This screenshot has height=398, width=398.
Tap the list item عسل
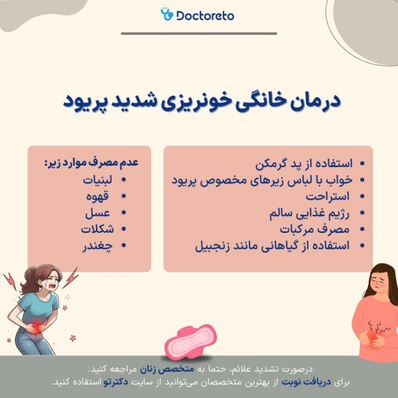pos(106,213)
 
